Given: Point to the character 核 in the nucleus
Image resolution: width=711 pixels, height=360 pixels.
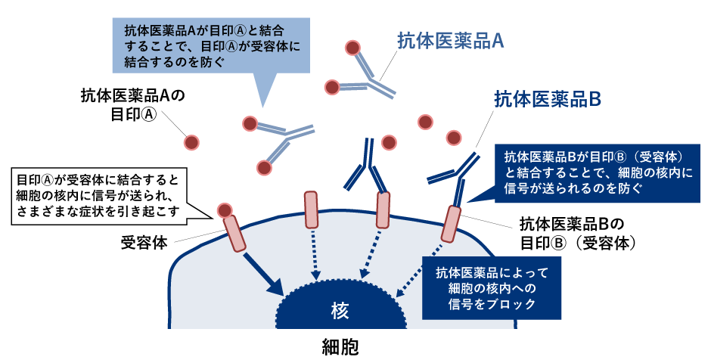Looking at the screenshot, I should point(339,311).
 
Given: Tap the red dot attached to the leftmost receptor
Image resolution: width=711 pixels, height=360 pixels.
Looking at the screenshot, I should point(225,209).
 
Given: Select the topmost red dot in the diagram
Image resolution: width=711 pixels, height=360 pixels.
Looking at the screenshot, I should point(352,48).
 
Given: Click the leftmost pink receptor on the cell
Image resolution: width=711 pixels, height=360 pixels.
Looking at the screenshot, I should point(235,231).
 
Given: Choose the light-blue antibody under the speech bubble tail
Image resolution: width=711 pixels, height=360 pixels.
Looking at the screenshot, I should point(281,144).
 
